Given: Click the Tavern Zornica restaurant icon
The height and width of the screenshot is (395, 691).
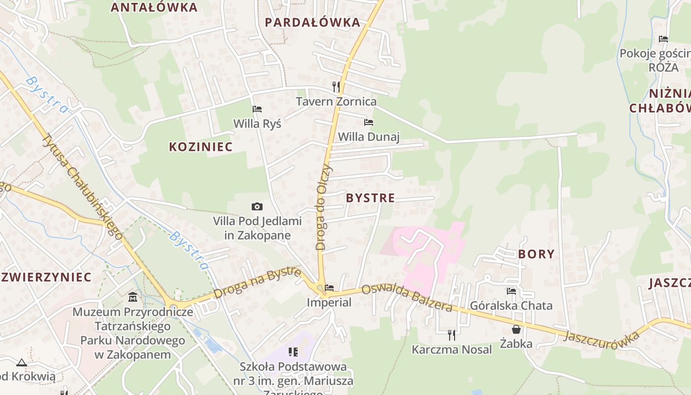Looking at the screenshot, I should point(336,87).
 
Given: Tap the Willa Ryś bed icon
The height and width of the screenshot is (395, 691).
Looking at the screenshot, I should point(257,109).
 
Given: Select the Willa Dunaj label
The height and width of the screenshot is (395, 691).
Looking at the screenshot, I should point(368,137).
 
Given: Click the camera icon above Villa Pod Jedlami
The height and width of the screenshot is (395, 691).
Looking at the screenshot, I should point(257,206).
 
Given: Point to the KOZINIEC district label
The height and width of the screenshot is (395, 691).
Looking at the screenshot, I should point(200,147).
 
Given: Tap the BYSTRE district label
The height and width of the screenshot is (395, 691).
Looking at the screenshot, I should point(370,198).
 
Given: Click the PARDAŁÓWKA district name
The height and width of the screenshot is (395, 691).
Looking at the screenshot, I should point(312,22).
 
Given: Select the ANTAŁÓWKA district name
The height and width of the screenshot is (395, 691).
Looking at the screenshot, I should point(154,7).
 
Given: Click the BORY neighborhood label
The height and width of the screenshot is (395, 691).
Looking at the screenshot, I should point(536,254).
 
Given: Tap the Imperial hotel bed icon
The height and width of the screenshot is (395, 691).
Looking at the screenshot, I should point(329,287).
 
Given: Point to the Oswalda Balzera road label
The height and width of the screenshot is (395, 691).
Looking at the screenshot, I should point(407,298).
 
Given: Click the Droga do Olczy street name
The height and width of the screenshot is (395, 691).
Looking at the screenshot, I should point(324,207).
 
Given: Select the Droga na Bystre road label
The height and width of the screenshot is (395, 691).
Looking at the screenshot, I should point(257,283).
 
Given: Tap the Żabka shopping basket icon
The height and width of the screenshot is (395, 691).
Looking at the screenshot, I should point(516,329).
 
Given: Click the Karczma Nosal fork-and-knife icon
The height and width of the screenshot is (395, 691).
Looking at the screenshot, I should point(451,335).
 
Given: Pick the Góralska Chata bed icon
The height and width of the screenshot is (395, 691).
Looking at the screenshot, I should point(511,291).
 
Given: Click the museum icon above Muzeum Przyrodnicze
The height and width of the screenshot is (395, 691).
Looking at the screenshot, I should point(133,297).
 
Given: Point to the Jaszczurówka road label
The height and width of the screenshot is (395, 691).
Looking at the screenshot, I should point(601,339).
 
